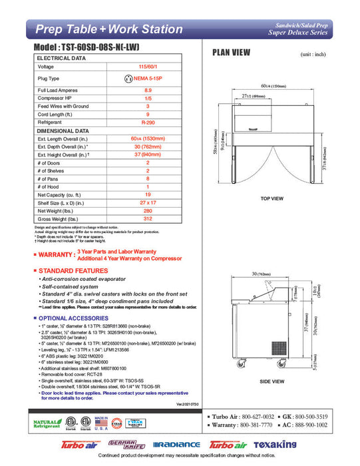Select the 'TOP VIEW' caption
[x=272, y=198]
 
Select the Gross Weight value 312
[x=148, y=219]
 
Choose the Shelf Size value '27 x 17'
[x=148, y=201]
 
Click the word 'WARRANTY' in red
[x=56, y=254]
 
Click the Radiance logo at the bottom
[x=176, y=444]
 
